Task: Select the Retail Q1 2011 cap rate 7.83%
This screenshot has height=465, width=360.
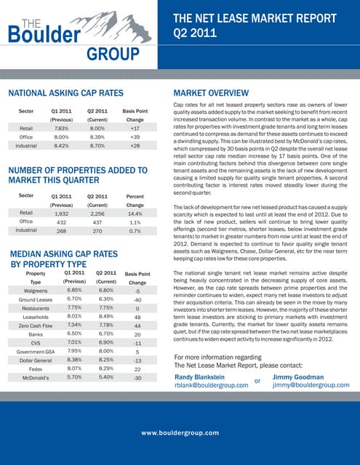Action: click(x=61, y=127)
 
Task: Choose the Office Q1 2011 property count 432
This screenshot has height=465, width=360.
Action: click(x=61, y=222)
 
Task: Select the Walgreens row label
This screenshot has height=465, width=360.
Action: click(x=36, y=290)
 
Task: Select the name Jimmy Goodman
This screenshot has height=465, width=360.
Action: click(x=298, y=376)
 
